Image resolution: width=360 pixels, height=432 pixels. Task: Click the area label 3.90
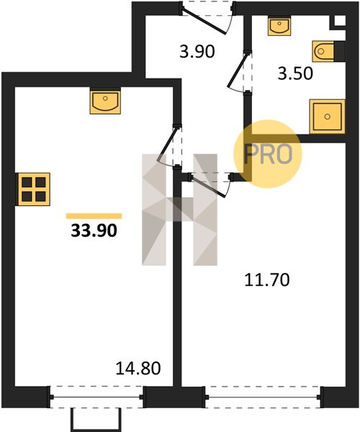(x=197, y=52)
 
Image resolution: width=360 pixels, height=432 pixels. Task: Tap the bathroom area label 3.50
(x=295, y=73)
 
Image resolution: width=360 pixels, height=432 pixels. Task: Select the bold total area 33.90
(x=94, y=230)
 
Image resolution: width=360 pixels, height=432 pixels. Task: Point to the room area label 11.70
(x=267, y=280)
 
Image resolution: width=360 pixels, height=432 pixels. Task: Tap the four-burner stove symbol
(x=34, y=189)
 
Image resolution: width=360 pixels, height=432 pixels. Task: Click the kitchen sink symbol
(x=105, y=101)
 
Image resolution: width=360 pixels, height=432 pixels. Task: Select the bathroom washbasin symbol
(x=279, y=26)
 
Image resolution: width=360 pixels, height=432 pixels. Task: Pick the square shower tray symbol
(x=327, y=117)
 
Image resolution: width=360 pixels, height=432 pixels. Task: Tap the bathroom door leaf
(x=237, y=69)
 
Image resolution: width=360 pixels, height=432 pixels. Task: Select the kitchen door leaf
(x=167, y=144)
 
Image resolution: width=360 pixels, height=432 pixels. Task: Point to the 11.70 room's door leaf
(x=209, y=186)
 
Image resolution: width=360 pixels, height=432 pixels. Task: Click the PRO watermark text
(x=268, y=154)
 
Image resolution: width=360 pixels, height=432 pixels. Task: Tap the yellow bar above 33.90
(x=94, y=216)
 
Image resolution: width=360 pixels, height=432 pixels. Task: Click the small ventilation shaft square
(x=340, y=21)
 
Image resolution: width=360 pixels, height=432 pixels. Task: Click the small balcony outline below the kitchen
(x=96, y=420)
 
